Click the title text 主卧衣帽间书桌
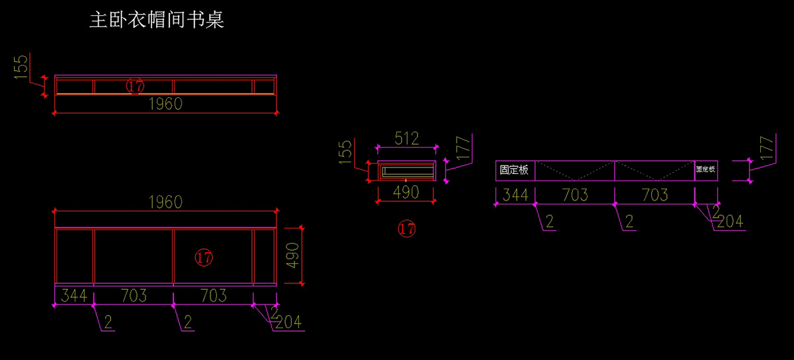(156, 19)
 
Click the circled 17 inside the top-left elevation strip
(135, 86)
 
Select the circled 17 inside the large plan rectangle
(204, 258)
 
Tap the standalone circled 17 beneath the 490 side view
(406, 229)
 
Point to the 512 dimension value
(406, 138)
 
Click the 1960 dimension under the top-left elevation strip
(165, 104)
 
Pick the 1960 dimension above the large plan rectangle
(165, 202)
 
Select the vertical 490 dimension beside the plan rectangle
(292, 255)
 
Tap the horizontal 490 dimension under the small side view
(406, 193)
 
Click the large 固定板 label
(514, 170)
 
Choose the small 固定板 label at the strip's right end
(705, 169)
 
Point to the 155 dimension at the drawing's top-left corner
(21, 67)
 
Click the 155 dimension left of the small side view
(345, 152)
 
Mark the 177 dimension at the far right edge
(767, 148)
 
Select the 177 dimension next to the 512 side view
(463, 148)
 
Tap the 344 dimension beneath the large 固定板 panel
(515, 195)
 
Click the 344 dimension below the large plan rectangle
(73, 296)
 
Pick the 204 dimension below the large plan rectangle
(288, 322)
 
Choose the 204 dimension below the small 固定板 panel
(730, 222)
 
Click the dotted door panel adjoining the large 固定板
(574, 171)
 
